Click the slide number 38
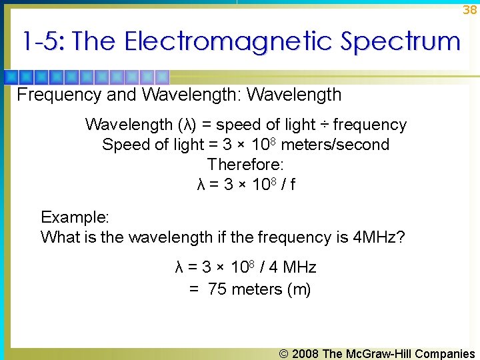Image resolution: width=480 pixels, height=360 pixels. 470,9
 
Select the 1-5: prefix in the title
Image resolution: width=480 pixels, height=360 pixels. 43,42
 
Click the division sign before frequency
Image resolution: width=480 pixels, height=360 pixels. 324,125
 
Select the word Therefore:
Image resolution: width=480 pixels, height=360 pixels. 245,164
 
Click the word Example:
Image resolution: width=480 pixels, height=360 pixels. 75,217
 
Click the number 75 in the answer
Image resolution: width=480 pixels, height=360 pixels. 217,289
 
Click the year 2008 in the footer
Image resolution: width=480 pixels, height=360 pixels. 305,354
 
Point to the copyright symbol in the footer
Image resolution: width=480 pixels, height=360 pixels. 284,354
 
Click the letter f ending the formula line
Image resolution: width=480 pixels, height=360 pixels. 293,184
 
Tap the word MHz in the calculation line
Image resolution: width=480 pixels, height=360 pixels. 299,268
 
